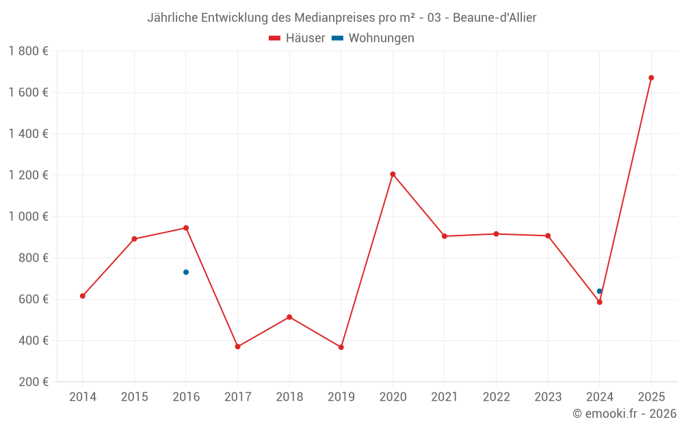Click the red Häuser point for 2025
click(x=651, y=78)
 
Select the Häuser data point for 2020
click(x=393, y=174)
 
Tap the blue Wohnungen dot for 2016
click(x=186, y=273)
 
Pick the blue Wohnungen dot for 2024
click(x=600, y=291)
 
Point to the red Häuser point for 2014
click(x=83, y=296)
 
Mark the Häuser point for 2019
click(x=341, y=347)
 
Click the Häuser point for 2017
click(x=238, y=347)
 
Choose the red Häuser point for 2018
click(x=289, y=317)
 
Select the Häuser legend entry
click(x=297, y=38)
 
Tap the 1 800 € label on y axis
click(x=28, y=51)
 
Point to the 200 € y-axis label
click(x=32, y=382)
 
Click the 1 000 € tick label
click(x=28, y=216)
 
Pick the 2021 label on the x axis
click(x=445, y=397)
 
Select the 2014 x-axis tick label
click(x=83, y=397)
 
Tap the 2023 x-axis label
click(x=548, y=397)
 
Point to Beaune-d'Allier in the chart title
click(x=497, y=17)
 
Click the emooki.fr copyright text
click(x=624, y=414)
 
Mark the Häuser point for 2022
click(x=496, y=234)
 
